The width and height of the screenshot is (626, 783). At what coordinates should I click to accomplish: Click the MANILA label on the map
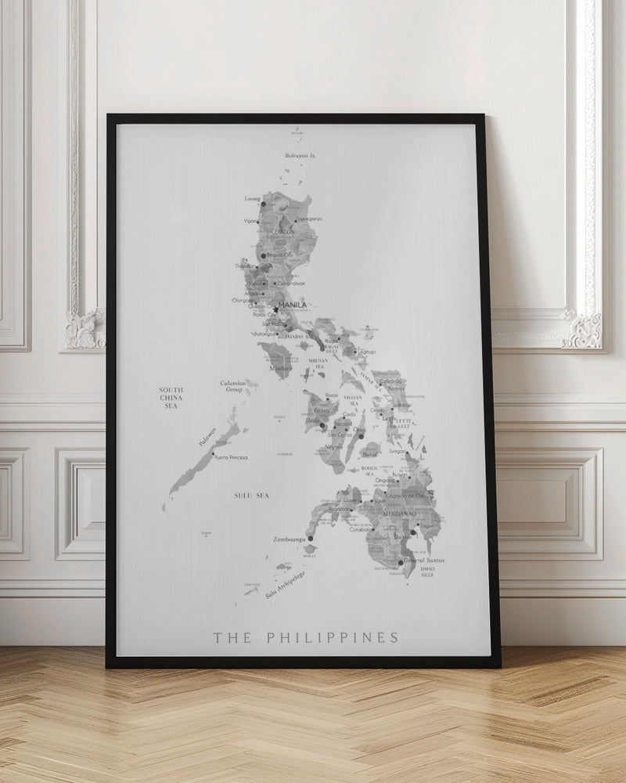click(x=293, y=305)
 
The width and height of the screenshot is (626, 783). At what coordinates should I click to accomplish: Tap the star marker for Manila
click(x=276, y=309)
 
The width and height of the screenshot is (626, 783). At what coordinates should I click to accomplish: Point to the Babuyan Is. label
click(x=300, y=156)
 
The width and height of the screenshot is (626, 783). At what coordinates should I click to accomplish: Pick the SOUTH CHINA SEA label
click(x=171, y=397)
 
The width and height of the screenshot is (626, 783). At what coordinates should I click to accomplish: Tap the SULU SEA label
click(x=250, y=496)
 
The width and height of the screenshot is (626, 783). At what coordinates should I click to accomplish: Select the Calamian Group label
click(x=233, y=386)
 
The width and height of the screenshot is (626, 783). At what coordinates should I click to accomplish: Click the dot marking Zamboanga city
click(x=311, y=539)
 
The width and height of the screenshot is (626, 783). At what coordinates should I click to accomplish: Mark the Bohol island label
click(x=370, y=454)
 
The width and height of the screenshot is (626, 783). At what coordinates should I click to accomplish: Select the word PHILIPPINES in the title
click(x=332, y=637)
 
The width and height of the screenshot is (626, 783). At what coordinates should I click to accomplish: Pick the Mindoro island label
click(x=281, y=366)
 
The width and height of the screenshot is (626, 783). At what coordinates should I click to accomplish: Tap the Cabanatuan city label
click(x=290, y=283)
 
